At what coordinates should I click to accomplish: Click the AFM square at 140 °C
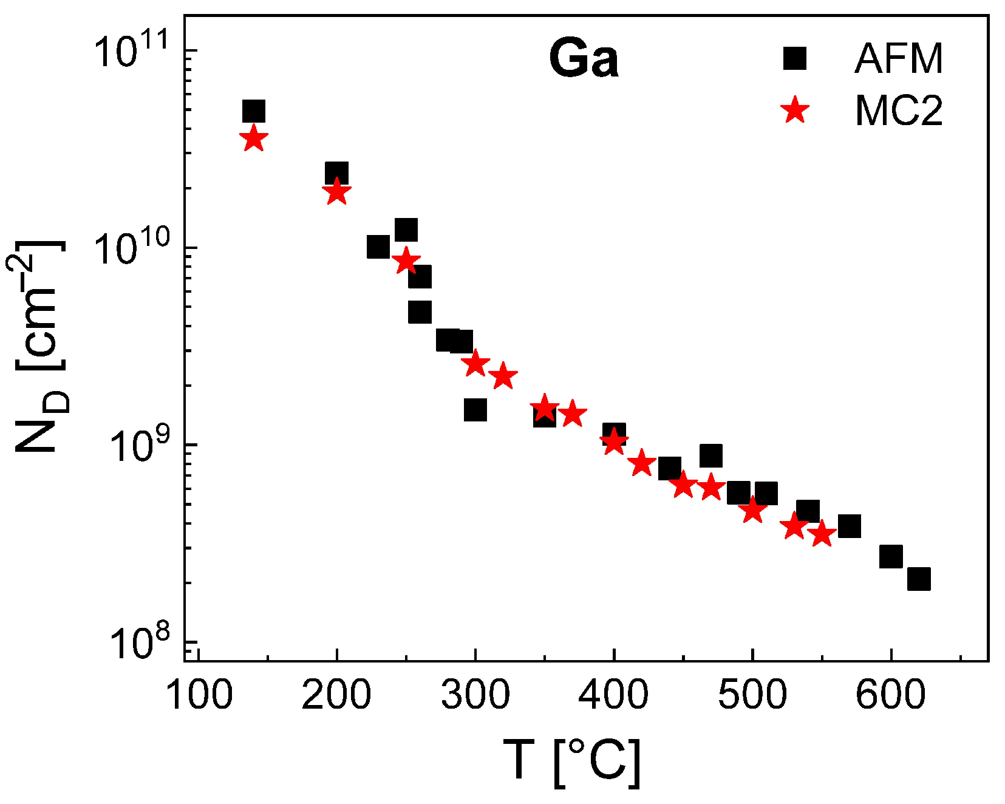click(x=253, y=112)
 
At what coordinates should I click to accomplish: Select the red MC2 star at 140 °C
click(x=253, y=139)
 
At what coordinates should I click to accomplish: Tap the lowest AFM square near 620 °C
click(x=919, y=579)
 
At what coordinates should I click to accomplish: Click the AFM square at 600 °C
click(x=891, y=556)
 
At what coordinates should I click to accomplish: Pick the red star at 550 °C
click(x=822, y=534)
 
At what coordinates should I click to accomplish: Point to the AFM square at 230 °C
click(x=378, y=247)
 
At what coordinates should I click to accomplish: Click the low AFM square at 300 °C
click(x=475, y=410)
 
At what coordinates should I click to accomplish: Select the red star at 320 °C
click(x=503, y=377)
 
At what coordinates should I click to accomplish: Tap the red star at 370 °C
click(x=572, y=415)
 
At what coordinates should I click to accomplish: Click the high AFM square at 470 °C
click(x=710, y=455)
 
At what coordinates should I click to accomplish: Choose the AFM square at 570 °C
click(x=849, y=526)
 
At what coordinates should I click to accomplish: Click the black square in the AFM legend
click(x=794, y=59)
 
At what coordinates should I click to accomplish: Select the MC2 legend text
click(x=899, y=111)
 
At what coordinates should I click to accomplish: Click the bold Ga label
click(x=584, y=59)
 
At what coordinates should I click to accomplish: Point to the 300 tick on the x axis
click(x=475, y=655)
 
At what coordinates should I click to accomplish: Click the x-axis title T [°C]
click(x=571, y=761)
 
